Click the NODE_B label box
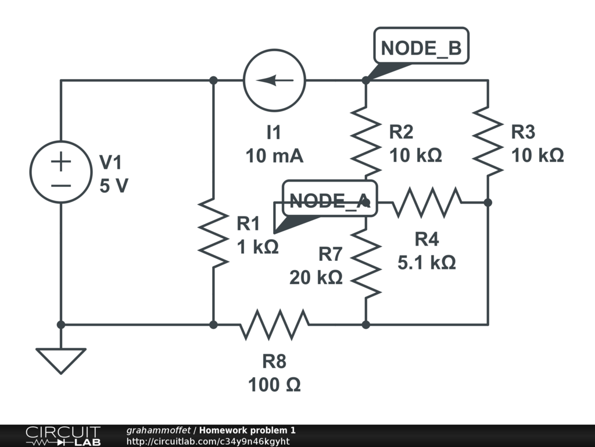point(421,45)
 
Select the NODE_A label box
point(330,198)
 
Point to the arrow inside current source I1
point(274,80)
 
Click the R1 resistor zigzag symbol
point(214,233)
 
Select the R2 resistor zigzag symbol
point(366,141)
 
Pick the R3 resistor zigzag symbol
point(488,141)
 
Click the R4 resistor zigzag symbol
point(427,203)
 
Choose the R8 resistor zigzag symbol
point(274,325)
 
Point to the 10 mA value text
point(274,156)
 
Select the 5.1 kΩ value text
point(426,262)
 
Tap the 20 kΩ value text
point(316,278)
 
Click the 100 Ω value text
point(274,385)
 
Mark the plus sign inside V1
point(60,162)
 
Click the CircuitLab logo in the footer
point(63,436)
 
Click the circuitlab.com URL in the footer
point(208,441)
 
